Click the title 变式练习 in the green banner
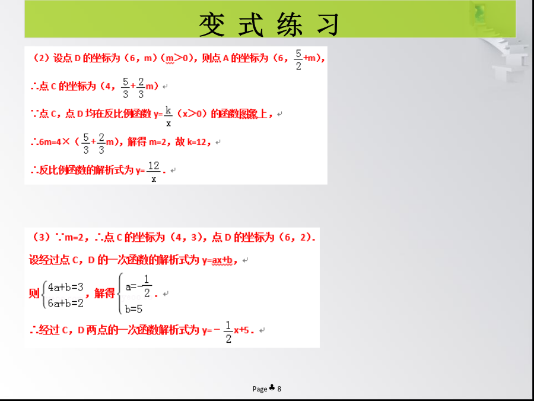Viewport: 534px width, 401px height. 269,24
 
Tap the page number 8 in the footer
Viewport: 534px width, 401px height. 279,389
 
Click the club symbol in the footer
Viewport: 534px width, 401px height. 272,388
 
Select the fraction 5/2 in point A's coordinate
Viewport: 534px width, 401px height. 298,60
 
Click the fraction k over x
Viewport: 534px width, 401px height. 169,116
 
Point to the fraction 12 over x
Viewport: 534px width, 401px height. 154,172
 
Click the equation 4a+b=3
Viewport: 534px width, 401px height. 66,287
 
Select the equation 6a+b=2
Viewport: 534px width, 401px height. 66,303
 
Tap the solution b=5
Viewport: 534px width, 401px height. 133,310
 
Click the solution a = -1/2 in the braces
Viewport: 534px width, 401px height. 138,286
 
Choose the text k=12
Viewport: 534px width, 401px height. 197,142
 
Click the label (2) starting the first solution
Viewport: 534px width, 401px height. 40,58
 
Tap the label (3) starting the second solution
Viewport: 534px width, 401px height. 41,237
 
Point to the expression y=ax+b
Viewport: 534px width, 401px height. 217,261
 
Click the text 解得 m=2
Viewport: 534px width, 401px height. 146,142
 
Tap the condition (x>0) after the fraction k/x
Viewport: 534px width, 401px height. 192,114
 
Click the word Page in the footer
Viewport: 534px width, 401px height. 260,389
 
